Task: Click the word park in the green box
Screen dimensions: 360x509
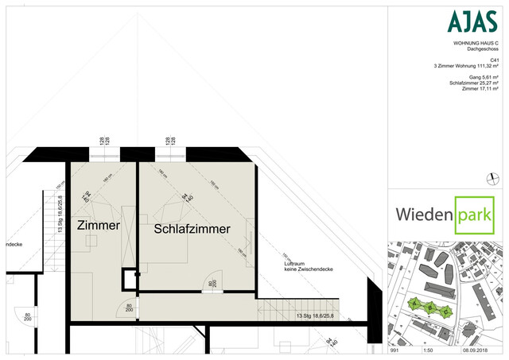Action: [474, 213]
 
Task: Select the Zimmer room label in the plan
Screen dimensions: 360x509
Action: [98, 226]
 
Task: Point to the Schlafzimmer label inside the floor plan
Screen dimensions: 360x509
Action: [192, 229]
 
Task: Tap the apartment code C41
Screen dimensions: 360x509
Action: [495, 60]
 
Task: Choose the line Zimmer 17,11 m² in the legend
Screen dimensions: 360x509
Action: [483, 89]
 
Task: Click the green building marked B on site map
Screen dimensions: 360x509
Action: [429, 307]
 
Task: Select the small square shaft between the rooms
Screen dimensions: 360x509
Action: [129, 279]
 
